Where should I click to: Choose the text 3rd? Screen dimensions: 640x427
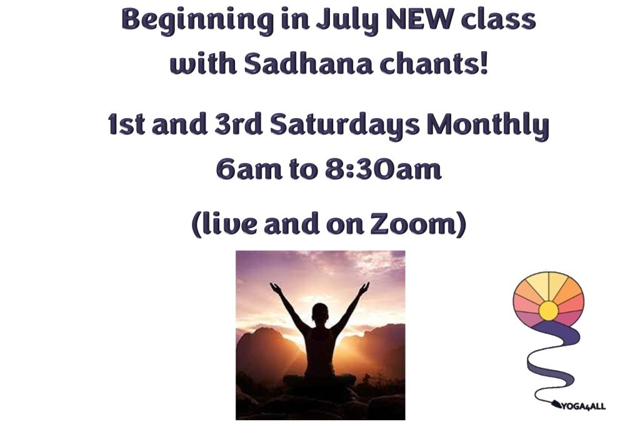tap(237, 124)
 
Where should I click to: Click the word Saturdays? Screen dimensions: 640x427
tap(344, 126)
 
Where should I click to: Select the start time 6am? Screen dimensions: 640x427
tap(249, 169)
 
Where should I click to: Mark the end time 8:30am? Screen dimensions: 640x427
tap(383, 169)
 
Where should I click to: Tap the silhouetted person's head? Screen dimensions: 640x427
tap(319, 313)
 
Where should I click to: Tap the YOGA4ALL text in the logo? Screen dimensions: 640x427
tap(584, 406)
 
